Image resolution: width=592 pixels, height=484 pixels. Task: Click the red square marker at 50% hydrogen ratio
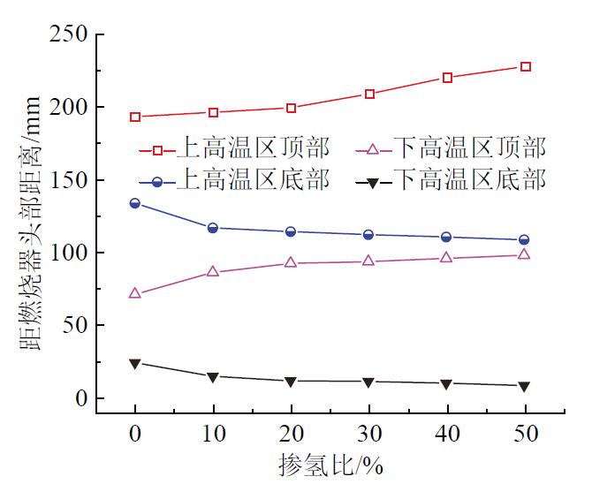tap(525, 67)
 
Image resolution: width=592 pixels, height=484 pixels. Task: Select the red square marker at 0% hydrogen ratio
tap(135, 117)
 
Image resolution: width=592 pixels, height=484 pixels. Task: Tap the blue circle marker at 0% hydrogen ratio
tap(135, 203)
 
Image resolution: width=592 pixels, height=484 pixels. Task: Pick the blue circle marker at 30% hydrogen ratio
tap(369, 235)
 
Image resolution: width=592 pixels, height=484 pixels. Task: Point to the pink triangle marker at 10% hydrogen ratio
tap(213, 271)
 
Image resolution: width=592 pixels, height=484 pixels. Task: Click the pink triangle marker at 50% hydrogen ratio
tap(525, 254)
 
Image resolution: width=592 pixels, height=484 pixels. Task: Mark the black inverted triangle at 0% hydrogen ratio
tap(135, 363)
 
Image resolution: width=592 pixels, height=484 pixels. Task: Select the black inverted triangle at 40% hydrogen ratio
tap(447, 383)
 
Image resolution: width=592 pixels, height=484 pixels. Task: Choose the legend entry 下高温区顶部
tap(469, 147)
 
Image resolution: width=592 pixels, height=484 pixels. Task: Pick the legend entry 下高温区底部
tap(469, 182)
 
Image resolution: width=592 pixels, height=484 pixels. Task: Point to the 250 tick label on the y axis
tap(68, 35)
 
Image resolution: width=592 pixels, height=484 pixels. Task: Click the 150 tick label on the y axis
tap(68, 180)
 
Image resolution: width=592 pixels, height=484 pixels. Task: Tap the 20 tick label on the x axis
tap(291, 435)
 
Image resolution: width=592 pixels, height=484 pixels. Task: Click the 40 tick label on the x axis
tap(447, 435)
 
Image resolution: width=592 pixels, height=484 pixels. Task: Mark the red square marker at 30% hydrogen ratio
tap(369, 94)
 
